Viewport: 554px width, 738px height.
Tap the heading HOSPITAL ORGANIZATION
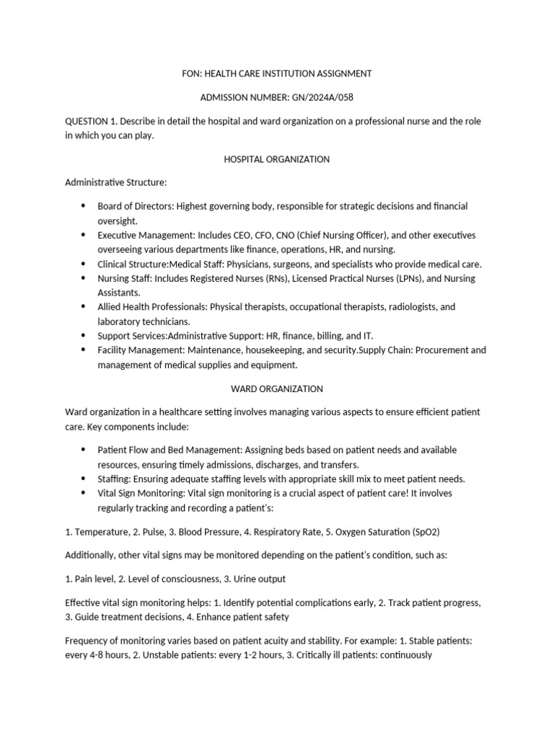[x=277, y=159]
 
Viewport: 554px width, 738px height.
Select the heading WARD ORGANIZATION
[x=277, y=388]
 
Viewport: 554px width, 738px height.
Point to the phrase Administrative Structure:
[x=116, y=182]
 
